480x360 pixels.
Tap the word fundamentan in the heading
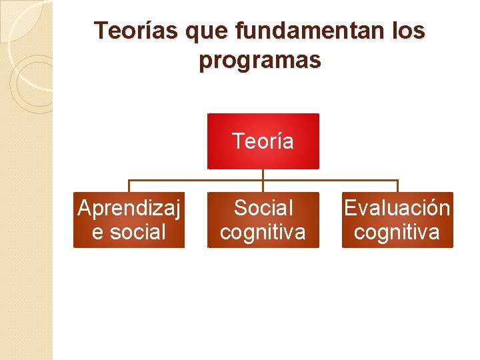coord(309,31)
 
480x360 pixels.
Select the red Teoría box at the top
coord(263,141)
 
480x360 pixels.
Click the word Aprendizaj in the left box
coord(129,208)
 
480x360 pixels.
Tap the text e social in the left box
coord(129,232)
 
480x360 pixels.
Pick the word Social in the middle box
coord(263,208)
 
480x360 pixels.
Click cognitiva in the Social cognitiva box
coord(263,232)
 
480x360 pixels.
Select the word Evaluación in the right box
coord(397,208)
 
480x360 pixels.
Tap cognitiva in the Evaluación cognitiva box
coord(397,232)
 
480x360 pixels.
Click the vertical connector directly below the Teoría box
coord(263,174)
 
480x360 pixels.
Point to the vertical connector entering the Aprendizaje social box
coord(129,186)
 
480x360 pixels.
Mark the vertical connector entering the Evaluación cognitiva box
coord(397,186)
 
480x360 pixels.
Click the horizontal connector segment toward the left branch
coord(193,180)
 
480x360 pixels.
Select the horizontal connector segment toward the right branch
coord(333,180)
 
